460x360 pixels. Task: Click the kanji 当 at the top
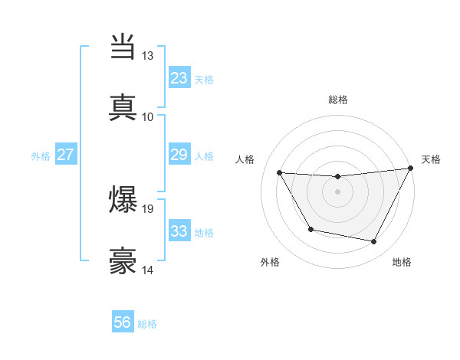point(123,47)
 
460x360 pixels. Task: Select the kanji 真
point(123,106)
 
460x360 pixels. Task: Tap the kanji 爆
point(123,200)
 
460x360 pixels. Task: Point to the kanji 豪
point(123,260)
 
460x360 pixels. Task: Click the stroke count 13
point(147,56)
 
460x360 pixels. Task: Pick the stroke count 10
point(147,116)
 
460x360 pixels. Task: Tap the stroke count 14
point(147,270)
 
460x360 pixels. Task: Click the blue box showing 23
point(179,78)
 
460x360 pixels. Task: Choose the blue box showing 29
point(179,155)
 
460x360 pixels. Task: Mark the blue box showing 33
point(179,231)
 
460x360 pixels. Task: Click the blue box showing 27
point(65,155)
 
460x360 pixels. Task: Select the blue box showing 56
point(123,323)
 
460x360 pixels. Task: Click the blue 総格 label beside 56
point(147,324)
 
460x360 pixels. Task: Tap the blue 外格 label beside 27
point(41,155)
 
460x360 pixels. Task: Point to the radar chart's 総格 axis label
point(337,100)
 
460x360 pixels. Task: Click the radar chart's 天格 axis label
point(431,159)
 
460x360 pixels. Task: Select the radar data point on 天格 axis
point(411,168)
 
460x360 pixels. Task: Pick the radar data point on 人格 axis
point(280,173)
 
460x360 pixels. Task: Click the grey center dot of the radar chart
point(337,191)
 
